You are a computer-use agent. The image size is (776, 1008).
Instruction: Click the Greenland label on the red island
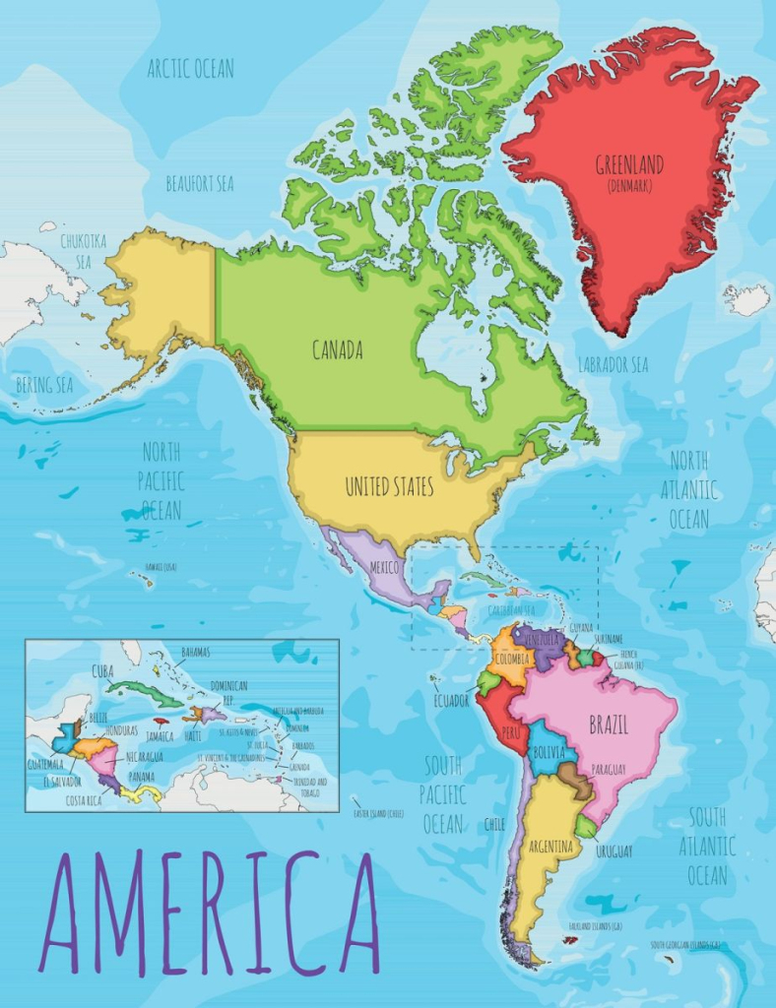click(629, 164)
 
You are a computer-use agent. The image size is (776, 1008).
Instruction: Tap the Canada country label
click(338, 349)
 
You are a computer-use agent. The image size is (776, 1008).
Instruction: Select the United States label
click(389, 486)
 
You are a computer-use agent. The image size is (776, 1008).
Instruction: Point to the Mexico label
click(383, 568)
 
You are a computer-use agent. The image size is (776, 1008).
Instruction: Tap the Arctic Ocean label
click(191, 69)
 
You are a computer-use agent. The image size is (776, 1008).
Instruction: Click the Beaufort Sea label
click(199, 184)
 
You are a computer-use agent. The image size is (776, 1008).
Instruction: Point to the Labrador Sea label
click(613, 364)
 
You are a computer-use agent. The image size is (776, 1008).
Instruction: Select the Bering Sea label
click(44, 385)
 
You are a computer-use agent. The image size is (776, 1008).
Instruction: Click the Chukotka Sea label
click(77, 250)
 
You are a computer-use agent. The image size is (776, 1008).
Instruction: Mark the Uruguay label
click(614, 850)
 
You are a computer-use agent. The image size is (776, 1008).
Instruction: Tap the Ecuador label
click(450, 700)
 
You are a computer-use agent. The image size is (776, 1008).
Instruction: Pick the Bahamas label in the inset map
click(195, 652)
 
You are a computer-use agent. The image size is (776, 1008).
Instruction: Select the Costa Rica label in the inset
click(86, 801)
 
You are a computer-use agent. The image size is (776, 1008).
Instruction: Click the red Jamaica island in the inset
click(162, 722)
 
